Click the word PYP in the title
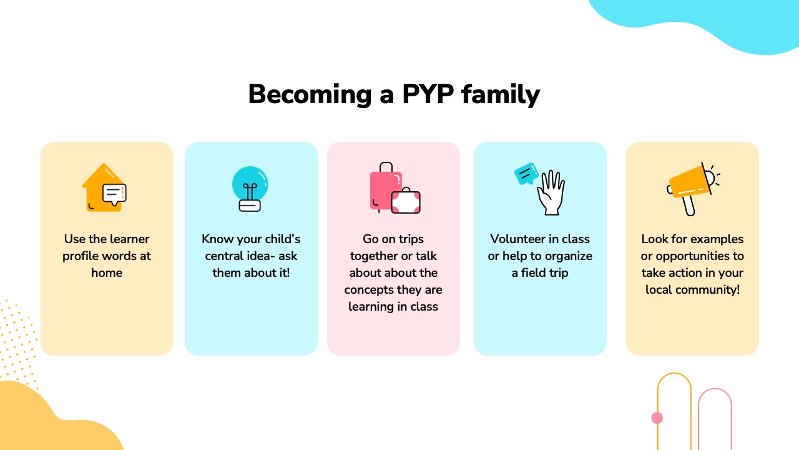tap(428, 94)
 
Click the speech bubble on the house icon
tap(114, 194)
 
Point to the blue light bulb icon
tap(250, 189)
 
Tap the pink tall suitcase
tap(385, 187)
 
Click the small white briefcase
tap(406, 201)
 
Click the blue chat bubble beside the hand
tap(526, 174)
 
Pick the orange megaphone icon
tap(692, 187)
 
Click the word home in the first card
tap(107, 273)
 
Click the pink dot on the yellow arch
tap(657, 418)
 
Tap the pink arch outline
tap(715, 389)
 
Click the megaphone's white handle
tap(689, 205)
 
